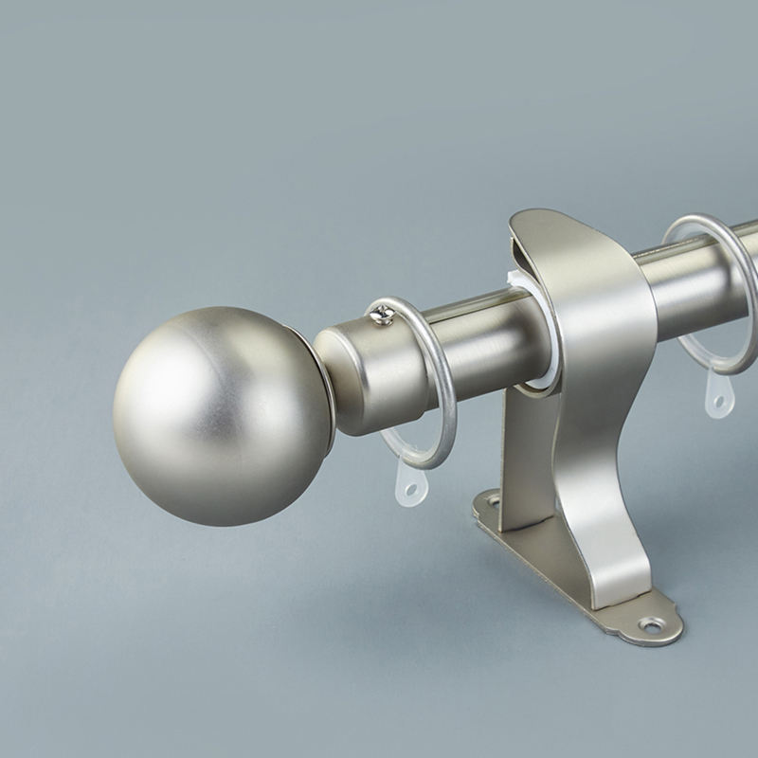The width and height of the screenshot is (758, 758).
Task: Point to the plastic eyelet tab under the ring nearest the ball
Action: pos(408,483)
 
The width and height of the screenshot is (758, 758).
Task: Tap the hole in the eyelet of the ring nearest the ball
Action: pos(410,490)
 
